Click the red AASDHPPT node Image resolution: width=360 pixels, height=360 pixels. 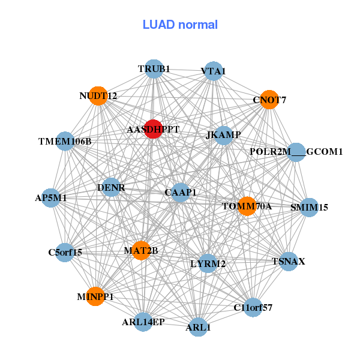click(x=153, y=129)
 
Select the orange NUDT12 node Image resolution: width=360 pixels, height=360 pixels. click(x=98, y=95)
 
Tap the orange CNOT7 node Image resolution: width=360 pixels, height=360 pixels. click(x=269, y=100)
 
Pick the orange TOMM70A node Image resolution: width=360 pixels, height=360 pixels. click(x=247, y=206)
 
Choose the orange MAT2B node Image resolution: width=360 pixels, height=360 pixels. click(x=141, y=250)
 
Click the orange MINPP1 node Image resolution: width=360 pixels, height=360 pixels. click(x=95, y=296)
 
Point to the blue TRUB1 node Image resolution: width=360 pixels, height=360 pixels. click(x=154, y=69)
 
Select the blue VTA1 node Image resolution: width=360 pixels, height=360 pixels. click(x=213, y=71)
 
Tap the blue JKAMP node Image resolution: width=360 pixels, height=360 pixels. click(x=224, y=135)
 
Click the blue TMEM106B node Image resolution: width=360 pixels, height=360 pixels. click(x=65, y=142)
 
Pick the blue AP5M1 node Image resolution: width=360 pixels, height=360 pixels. click(x=51, y=197)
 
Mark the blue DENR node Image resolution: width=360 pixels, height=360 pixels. click(x=111, y=188)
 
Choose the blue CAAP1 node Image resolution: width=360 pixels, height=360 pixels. click(x=181, y=192)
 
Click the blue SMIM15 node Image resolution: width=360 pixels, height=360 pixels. click(x=309, y=208)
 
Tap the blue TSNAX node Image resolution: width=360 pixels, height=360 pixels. click(x=289, y=262)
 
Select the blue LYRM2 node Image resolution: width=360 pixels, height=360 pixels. click(x=208, y=263)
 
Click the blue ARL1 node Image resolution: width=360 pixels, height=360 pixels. click(x=198, y=328)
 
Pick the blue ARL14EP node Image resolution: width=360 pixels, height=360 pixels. click(x=143, y=322)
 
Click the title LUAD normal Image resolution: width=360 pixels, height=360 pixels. click(x=180, y=25)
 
